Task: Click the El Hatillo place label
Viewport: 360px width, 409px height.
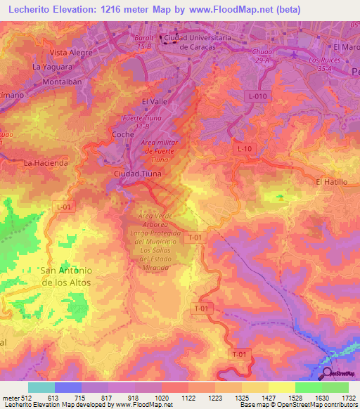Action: (x=333, y=181)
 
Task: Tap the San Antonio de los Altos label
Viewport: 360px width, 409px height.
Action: (x=66, y=275)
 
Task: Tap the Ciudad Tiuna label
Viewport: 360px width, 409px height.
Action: (x=138, y=173)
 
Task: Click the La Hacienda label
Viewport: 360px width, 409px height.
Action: (x=46, y=162)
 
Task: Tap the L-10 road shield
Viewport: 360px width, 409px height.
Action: (x=245, y=149)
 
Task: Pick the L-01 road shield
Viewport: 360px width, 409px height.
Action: (x=64, y=207)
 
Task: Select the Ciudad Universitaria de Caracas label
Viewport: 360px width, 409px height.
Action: (x=191, y=42)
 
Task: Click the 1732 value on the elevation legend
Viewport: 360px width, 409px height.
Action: (x=347, y=398)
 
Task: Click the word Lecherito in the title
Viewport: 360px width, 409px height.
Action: (x=32, y=10)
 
